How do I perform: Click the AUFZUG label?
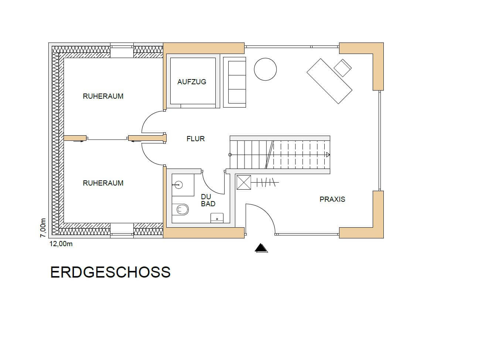[192, 82]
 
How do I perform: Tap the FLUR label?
[195, 139]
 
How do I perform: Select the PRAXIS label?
[332, 199]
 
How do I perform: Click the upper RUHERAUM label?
[103, 96]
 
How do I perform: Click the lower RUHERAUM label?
[103, 183]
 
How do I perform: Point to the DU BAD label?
[208, 200]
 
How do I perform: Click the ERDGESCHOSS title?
[110, 272]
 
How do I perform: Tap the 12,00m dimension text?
[61, 244]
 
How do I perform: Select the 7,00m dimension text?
[43, 228]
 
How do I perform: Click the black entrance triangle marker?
[261, 248]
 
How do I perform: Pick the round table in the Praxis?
[265, 69]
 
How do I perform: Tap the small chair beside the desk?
[343, 68]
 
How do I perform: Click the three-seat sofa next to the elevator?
[234, 82]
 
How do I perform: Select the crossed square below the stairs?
[244, 183]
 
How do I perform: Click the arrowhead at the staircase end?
[328, 155]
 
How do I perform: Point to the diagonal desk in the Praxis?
[329, 81]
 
